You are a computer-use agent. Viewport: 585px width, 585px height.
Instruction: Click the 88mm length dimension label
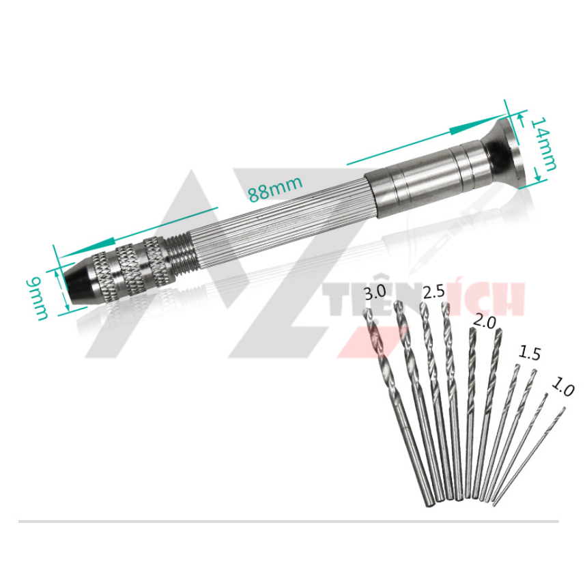coord(275,189)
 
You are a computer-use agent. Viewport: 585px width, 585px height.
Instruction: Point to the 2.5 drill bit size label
coord(434,291)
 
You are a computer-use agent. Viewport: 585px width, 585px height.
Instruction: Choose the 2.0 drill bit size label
coord(484,322)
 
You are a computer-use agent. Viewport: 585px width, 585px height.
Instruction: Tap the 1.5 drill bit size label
coord(529,352)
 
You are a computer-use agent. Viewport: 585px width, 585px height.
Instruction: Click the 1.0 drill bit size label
coord(562,387)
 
